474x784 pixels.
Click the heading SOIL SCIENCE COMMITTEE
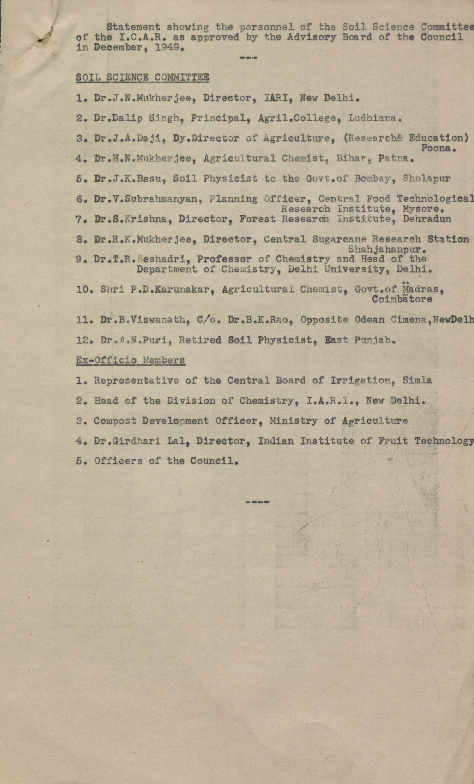[142, 77]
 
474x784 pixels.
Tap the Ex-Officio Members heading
[131, 360]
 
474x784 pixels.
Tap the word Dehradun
[427, 219]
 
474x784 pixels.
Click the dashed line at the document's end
[257, 502]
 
